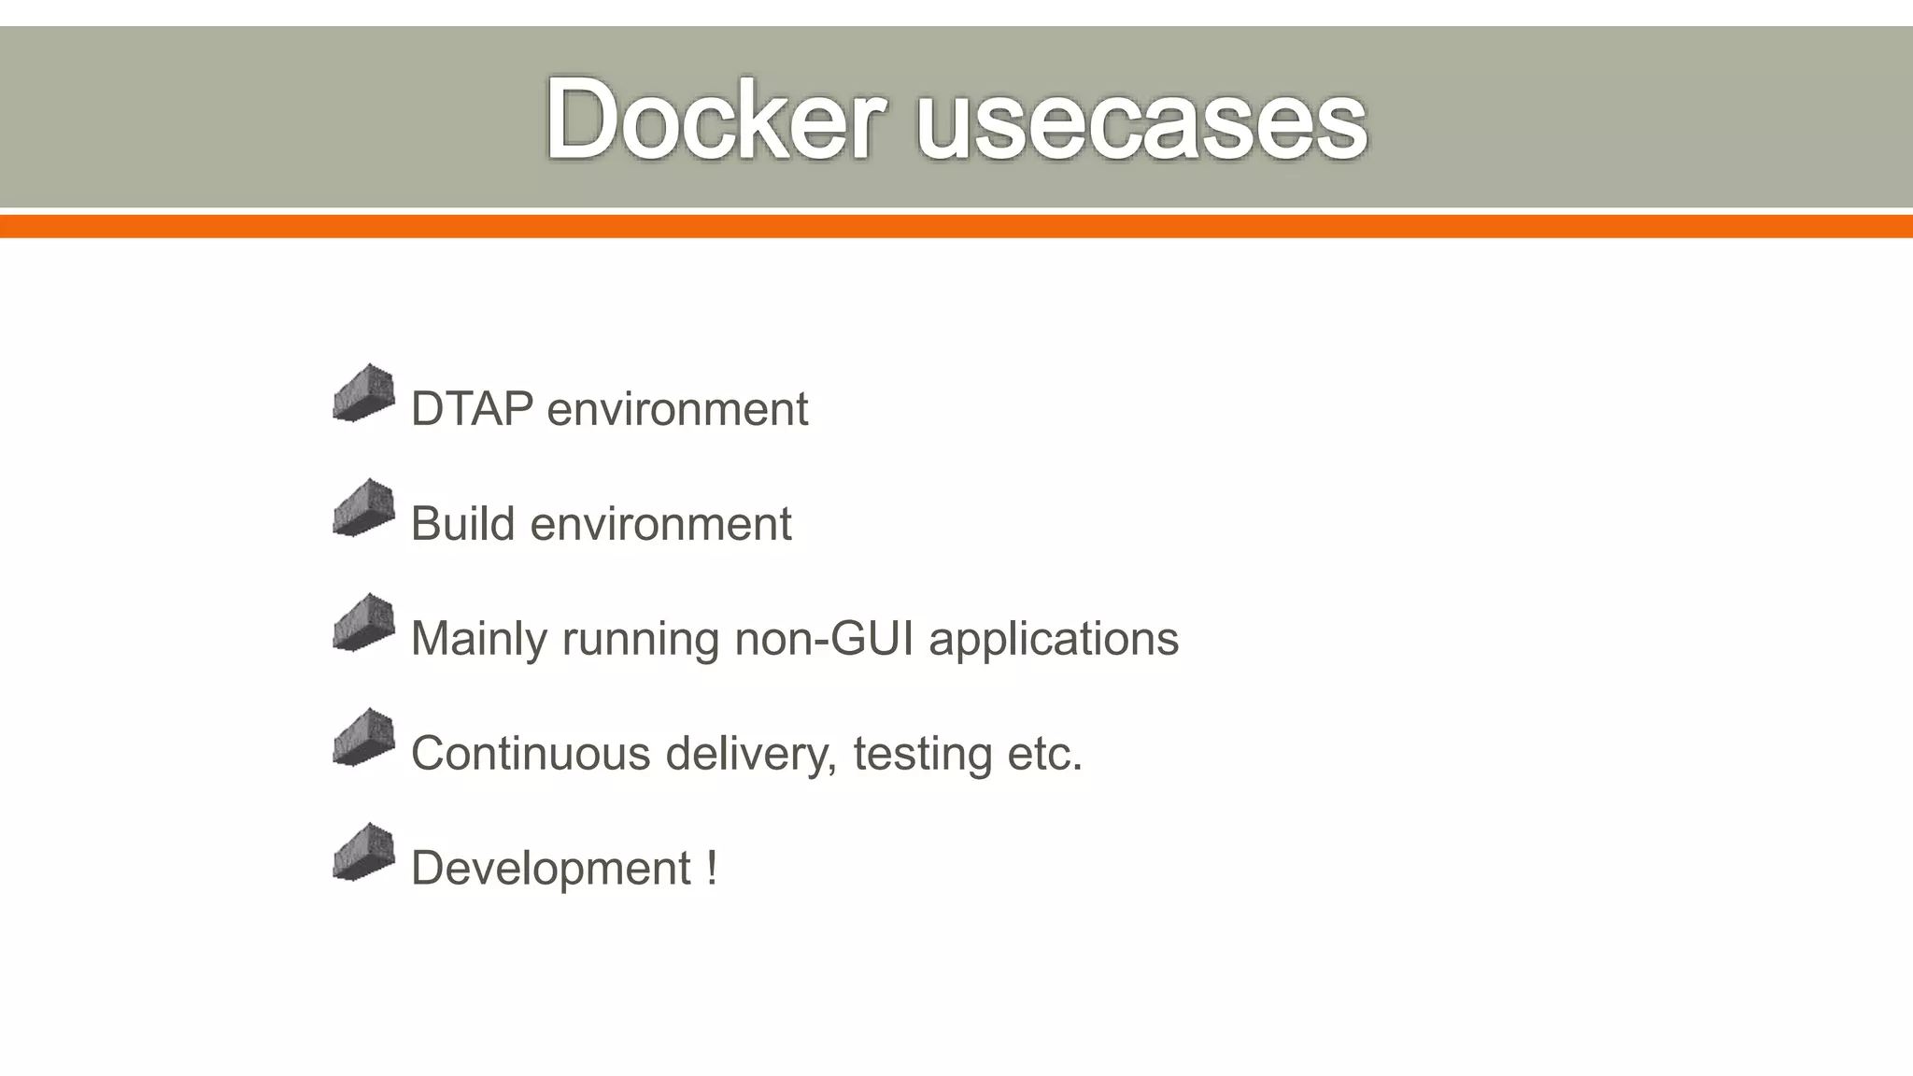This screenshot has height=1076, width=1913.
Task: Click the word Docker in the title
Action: [715, 120]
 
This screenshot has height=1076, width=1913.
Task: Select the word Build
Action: [462, 523]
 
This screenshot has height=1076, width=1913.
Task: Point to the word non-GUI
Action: [823, 639]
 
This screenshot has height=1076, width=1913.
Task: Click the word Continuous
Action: [530, 753]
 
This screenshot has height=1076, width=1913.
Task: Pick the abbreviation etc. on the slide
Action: [1043, 754]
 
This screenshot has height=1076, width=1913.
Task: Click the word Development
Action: [550, 869]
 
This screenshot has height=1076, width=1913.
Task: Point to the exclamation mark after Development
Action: [712, 868]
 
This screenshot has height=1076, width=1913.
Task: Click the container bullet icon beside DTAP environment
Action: [363, 393]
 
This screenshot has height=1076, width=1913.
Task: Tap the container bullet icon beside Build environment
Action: [363, 508]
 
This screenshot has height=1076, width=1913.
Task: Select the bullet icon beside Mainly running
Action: [363, 623]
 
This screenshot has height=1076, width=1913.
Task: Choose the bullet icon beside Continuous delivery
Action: [363, 738]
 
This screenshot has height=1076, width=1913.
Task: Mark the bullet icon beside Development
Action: [363, 853]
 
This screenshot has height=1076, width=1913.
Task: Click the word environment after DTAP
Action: [677, 409]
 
